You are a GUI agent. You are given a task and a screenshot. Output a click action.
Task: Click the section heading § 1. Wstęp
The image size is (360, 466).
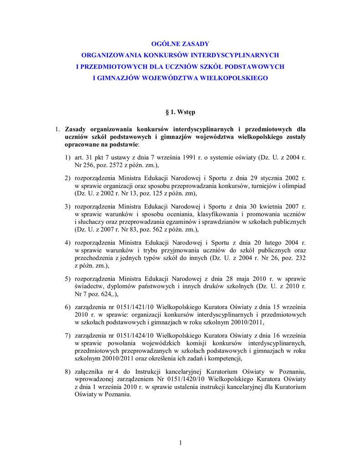tap(180, 112)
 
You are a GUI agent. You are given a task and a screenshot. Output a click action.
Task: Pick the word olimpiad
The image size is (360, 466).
tap(293, 186)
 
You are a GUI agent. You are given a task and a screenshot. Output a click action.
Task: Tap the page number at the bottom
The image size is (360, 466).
tap(180, 443)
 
